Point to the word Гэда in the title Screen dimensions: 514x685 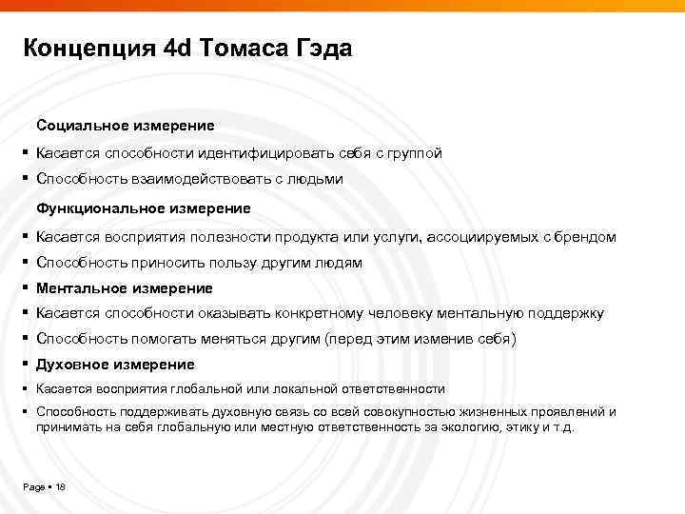tap(323, 49)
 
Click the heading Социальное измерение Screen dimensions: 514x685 tap(126, 126)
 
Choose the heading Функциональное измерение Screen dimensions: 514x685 tap(144, 208)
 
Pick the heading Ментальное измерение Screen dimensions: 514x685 tap(125, 287)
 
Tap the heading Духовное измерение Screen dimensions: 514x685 tap(115, 365)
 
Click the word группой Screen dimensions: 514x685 tap(409, 152)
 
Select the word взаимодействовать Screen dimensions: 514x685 tap(199, 179)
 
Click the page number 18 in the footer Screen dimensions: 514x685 tap(60, 487)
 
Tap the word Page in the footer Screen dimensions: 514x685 tap(33, 487)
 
